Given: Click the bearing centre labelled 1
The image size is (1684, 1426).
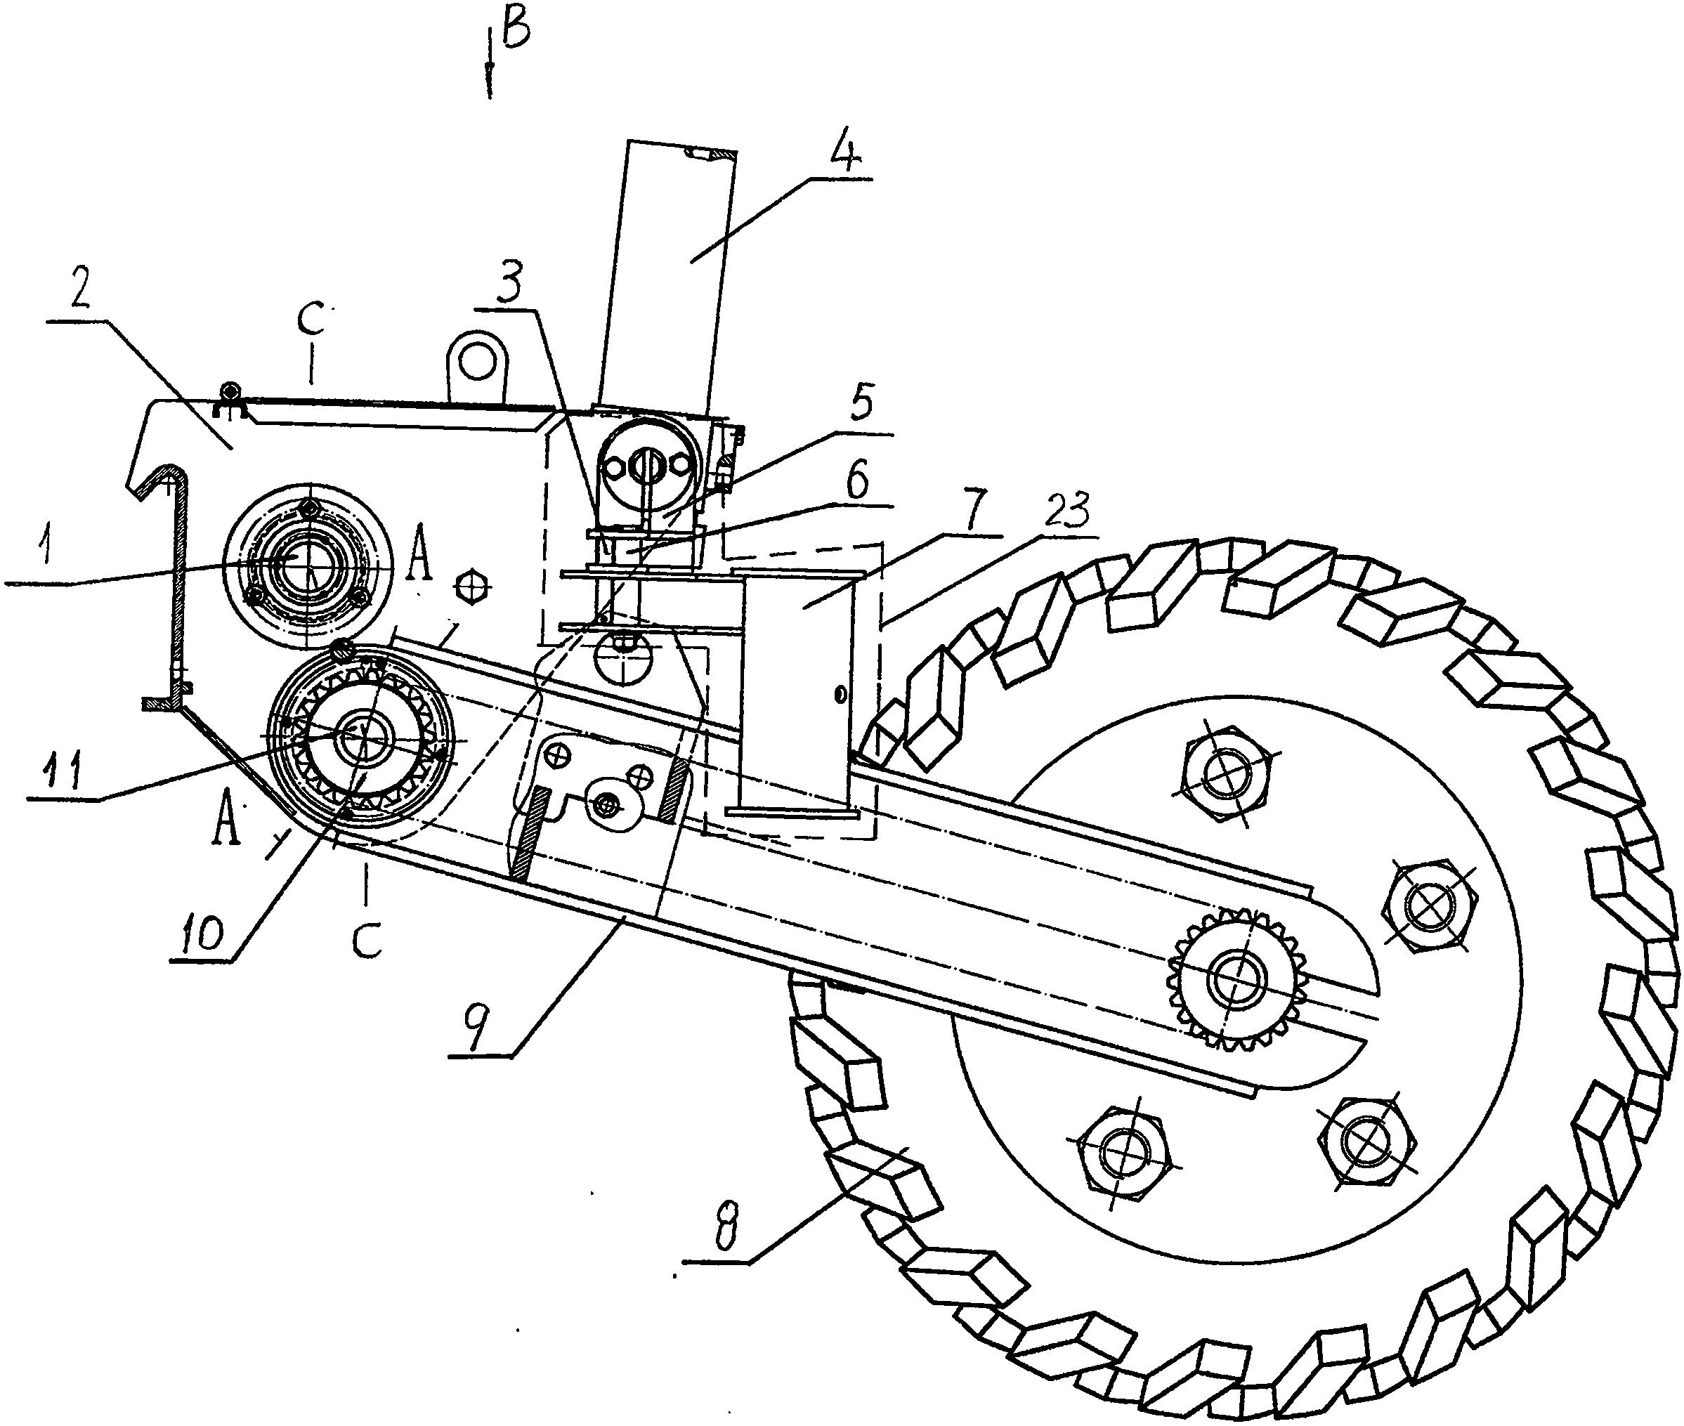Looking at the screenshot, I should pos(307,559).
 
